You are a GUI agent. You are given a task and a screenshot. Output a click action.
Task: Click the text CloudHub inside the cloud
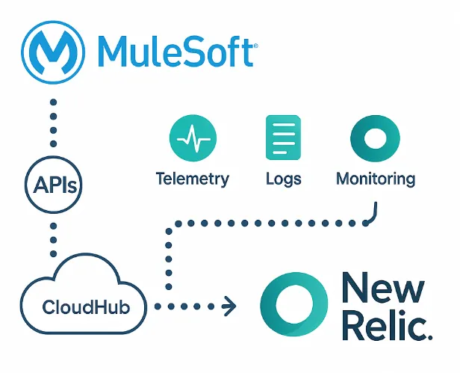pyautogui.click(x=84, y=306)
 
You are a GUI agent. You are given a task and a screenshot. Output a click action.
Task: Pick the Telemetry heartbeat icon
pyautogui.click(x=193, y=138)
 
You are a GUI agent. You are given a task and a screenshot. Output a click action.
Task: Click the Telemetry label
pyautogui.click(x=193, y=179)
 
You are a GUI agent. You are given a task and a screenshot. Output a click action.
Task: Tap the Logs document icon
pyautogui.click(x=283, y=138)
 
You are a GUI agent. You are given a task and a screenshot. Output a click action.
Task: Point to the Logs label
pyautogui.click(x=283, y=179)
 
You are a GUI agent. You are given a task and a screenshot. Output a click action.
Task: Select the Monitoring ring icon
pyautogui.click(x=375, y=138)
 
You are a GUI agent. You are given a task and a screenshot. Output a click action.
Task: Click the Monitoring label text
pyautogui.click(x=375, y=179)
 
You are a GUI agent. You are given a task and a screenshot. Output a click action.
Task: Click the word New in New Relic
pyautogui.click(x=382, y=288)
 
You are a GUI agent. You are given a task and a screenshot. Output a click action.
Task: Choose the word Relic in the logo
pyautogui.click(x=378, y=327)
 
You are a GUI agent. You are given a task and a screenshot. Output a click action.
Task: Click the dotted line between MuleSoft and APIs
pyautogui.click(x=52, y=123)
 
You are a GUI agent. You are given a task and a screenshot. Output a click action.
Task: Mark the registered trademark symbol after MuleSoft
pyautogui.click(x=255, y=46)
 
